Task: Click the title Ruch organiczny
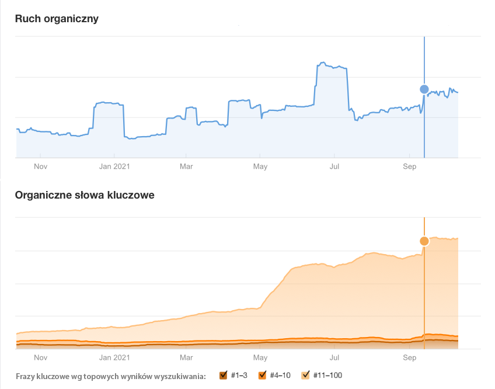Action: pos(57,19)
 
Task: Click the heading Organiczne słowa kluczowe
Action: pos(85,195)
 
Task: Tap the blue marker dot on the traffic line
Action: pos(424,89)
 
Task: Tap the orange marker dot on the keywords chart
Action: pos(424,241)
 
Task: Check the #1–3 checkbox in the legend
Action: pos(223,375)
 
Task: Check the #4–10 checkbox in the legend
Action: pos(263,375)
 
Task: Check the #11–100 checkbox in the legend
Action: pos(305,375)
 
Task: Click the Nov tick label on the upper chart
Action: pos(40,166)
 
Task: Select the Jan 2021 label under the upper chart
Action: pos(114,166)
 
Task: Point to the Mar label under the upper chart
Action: pos(186,166)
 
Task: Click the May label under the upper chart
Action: pos(260,166)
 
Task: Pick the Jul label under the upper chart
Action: pos(334,166)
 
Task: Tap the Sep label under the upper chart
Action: pos(409,166)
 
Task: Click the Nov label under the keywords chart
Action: pos(40,357)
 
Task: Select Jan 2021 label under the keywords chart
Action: pos(114,357)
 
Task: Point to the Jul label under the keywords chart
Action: pos(334,357)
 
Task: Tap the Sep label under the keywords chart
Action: pos(409,357)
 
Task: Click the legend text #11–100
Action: pos(327,375)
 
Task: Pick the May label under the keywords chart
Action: pos(260,357)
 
